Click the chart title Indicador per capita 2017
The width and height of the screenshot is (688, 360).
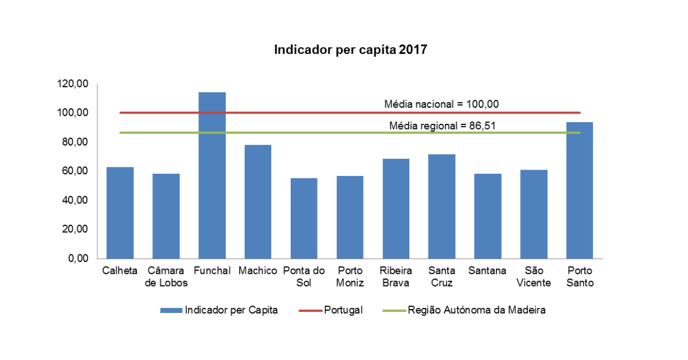point(350,50)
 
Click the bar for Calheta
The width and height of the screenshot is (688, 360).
point(120,213)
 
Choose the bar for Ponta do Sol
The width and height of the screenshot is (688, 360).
point(304,218)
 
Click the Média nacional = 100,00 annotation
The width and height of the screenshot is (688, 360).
point(441,104)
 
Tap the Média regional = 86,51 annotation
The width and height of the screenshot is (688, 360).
point(441,125)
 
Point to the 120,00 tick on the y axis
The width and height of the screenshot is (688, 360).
point(73,84)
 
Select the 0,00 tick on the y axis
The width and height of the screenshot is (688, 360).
point(78,259)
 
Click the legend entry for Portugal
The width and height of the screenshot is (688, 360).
point(343,310)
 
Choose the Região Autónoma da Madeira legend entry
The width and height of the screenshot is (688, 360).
point(476,310)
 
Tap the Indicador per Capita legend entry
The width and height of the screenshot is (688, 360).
point(230,310)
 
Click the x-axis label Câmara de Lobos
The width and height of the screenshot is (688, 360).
point(166,276)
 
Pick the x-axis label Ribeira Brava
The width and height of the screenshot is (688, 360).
point(396,276)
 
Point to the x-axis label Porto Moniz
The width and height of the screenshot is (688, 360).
point(350,276)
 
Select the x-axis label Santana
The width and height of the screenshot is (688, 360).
point(487,271)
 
